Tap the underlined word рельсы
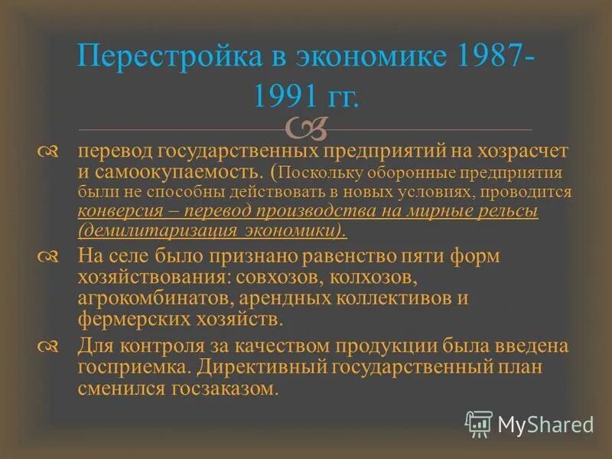pyautogui.click(x=506, y=210)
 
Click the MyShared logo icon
pyautogui.click(x=479, y=423)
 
